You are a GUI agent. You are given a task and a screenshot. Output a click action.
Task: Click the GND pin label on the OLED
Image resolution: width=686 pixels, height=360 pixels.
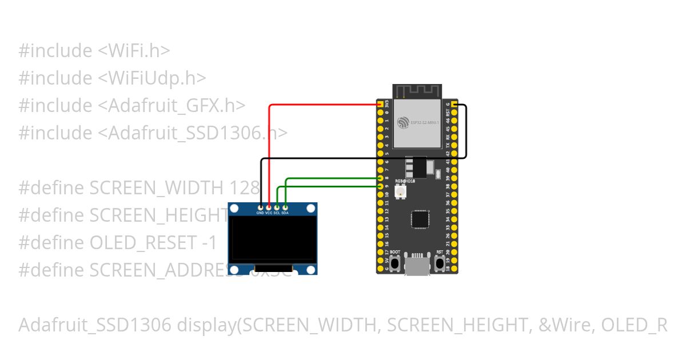(260, 213)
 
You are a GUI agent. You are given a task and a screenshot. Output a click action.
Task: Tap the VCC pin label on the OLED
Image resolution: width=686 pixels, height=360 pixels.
(268, 213)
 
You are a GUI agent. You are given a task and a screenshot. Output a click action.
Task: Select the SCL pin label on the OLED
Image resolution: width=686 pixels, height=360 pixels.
(276, 213)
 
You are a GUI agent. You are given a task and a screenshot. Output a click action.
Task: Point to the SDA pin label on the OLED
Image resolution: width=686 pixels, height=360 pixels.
(285, 213)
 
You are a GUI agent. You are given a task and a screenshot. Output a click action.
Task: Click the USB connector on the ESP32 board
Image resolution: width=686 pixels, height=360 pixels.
(417, 266)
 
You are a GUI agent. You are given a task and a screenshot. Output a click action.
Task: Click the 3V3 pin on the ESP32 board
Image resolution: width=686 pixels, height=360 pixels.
(380, 105)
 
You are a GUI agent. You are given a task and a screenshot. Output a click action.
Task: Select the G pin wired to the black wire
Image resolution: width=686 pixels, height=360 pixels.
(454, 105)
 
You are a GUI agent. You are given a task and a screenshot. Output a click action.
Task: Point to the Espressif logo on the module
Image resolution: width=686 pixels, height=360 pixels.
(404, 122)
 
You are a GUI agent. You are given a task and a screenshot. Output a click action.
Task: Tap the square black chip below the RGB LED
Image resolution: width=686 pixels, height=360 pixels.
(420, 220)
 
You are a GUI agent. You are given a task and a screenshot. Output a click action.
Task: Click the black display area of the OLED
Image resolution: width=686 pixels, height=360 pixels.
(273, 237)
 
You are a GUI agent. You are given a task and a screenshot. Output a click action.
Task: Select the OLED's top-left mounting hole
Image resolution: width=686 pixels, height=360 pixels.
(234, 209)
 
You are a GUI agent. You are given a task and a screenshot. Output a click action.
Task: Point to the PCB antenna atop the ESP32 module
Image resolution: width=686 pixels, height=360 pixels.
(417, 91)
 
